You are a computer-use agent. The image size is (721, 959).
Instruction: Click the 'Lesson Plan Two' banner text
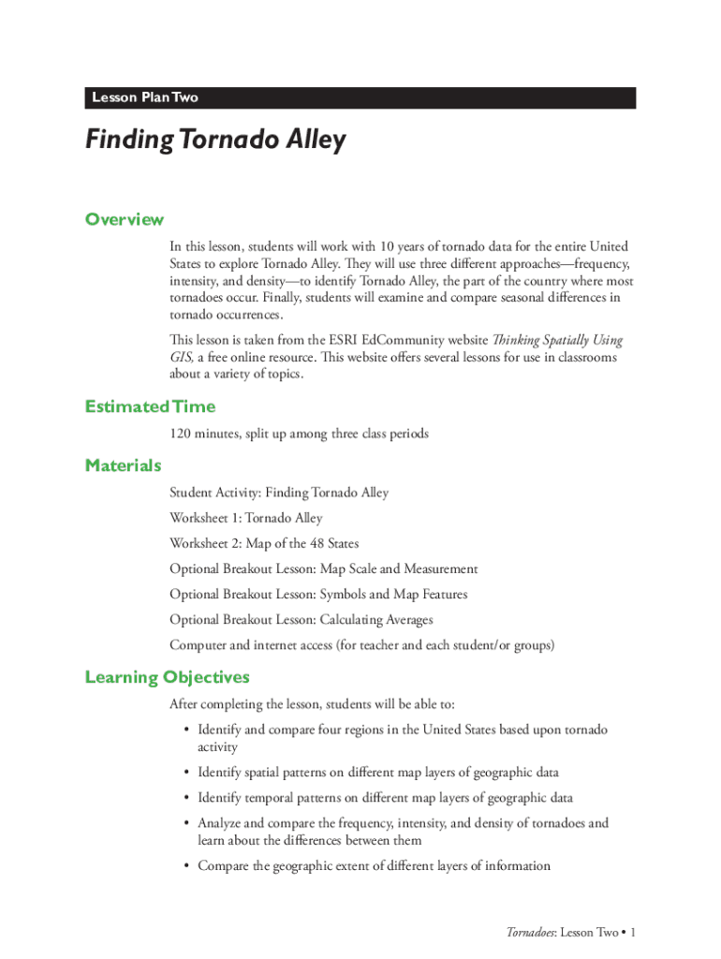144,97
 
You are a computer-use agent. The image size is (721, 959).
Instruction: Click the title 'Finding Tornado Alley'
215,140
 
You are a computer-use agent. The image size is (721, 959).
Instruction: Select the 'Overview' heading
125,219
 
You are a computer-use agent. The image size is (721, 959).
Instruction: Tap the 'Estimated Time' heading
150,406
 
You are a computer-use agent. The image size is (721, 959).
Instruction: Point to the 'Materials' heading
123,465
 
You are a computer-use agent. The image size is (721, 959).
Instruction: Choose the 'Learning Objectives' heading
167,677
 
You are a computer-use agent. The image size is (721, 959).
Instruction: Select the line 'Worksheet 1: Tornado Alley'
245,518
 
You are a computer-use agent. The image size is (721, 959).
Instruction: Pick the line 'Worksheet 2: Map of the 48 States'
264,543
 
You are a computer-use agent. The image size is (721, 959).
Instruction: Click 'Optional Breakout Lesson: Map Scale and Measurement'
323,568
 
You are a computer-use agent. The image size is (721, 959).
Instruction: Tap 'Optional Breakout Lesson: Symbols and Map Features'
317,594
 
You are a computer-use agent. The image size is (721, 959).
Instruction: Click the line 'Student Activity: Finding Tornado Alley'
278,493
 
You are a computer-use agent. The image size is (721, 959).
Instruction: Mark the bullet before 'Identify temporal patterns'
187,798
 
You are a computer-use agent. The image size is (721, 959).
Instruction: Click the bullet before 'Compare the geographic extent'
187,866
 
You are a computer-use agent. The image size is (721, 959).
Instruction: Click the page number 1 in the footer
633,933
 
